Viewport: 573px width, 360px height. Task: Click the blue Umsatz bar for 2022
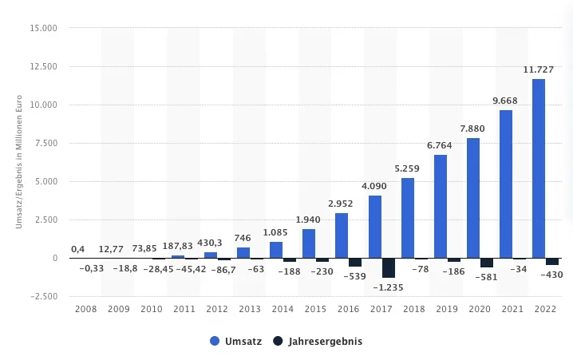(x=539, y=168)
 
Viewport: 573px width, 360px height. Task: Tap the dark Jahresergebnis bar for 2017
(x=389, y=267)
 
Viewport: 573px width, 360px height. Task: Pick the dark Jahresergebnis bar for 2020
(x=487, y=263)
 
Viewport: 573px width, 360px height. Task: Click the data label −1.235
(x=389, y=287)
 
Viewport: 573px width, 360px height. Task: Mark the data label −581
(x=484, y=276)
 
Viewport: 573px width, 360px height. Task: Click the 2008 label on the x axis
(x=85, y=308)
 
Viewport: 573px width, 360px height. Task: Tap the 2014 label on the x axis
(x=282, y=308)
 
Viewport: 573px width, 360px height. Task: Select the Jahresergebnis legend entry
(x=317, y=341)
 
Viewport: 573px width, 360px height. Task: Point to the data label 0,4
(x=78, y=248)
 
